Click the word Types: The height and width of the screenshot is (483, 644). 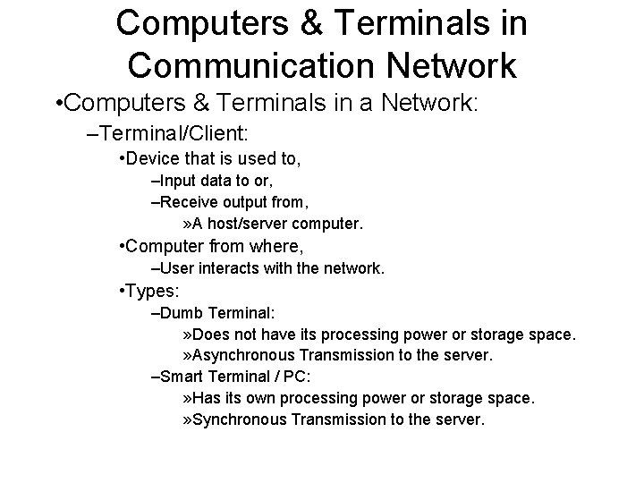(156, 292)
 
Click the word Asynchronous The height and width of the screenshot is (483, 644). (244, 355)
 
